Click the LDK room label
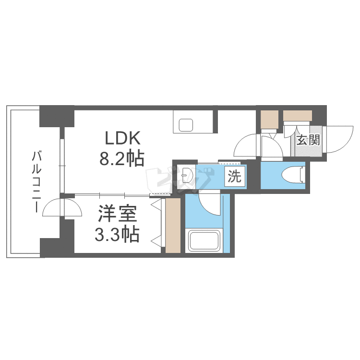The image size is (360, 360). click(x=122, y=139)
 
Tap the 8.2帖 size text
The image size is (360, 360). click(x=122, y=159)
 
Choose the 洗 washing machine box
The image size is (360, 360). click(x=234, y=177)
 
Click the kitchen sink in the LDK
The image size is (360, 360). click(x=186, y=125)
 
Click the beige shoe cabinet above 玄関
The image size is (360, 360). click(x=297, y=116)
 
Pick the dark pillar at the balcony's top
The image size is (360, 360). click(x=56, y=116)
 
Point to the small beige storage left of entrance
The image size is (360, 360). click(x=269, y=119)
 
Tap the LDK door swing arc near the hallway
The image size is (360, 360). click(x=247, y=145)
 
